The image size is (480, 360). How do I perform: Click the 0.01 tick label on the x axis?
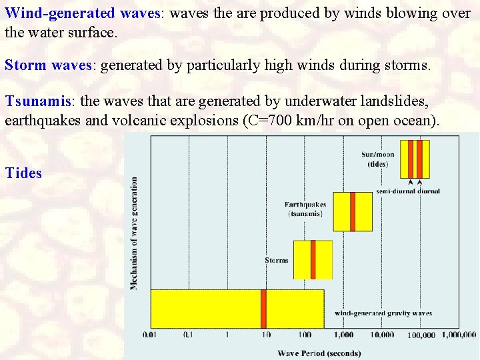tap(151, 335)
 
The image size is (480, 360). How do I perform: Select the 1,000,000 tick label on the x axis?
tap(459, 335)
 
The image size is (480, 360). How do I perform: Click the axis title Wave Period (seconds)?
tap(319, 353)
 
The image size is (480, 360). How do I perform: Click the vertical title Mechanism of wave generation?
tap(135, 233)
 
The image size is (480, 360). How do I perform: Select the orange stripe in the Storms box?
tap(313, 259)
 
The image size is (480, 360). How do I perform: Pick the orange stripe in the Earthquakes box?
tap(352, 211)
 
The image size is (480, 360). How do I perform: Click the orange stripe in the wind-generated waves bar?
tap(263, 308)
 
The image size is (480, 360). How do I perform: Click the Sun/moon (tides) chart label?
tap(378, 159)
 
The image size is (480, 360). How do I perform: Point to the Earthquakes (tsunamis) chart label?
tap(305, 209)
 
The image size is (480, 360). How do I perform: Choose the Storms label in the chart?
tap(277, 260)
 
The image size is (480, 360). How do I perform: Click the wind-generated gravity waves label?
tap(383, 313)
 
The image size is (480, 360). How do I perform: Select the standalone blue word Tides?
tap(23, 173)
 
